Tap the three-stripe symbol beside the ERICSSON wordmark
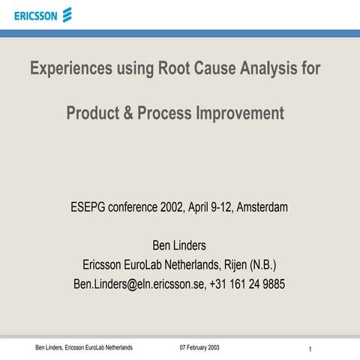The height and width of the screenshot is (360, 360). (x=67, y=13)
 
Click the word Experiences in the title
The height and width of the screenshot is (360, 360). (x=70, y=70)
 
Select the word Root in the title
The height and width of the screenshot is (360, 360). (x=175, y=69)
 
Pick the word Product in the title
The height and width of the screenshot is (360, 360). (x=93, y=114)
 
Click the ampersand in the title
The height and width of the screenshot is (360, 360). (x=128, y=114)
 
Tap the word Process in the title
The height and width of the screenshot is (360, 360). (x=165, y=114)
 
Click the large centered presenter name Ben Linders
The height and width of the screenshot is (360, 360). (x=179, y=245)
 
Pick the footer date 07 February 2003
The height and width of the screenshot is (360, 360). (x=200, y=347)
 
